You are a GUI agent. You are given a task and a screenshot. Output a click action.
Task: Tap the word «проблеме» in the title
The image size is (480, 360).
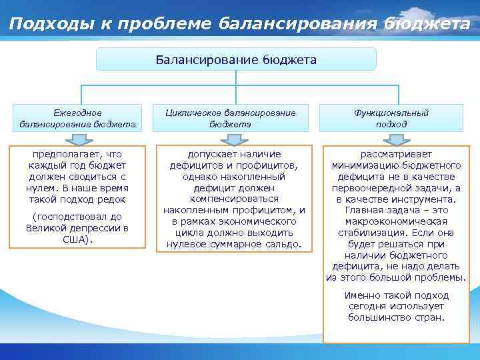tap(172, 24)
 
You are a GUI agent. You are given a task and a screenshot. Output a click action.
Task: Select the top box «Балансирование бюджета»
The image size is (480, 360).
tap(236, 59)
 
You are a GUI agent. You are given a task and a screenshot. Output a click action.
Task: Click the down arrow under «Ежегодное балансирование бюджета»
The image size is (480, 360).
tap(78, 139)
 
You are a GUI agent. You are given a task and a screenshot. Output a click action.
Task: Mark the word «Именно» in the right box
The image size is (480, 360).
tap(361, 295)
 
